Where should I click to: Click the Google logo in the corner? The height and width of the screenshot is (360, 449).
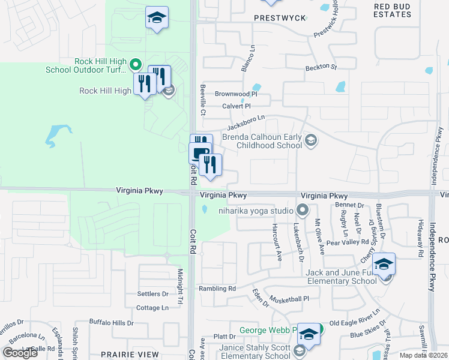coord(20,353)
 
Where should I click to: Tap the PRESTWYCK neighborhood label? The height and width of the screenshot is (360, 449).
coord(280,18)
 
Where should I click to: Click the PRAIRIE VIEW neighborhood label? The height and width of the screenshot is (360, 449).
coord(130,355)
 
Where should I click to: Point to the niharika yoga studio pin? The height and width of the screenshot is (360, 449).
coord(302,210)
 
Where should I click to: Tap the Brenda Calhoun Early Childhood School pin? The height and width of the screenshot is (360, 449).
coord(311,141)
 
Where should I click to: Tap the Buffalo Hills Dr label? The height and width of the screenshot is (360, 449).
coord(112,323)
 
